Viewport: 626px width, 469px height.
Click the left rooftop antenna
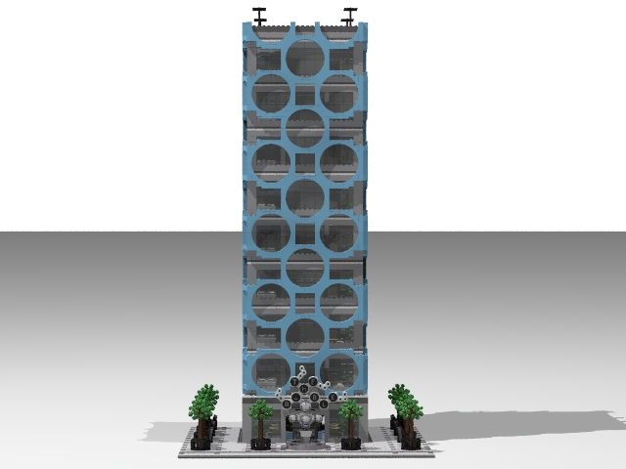[x=260, y=15]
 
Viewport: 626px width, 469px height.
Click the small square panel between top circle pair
[x=304, y=95]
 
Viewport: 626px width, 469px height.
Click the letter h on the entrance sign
[x=305, y=380]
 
